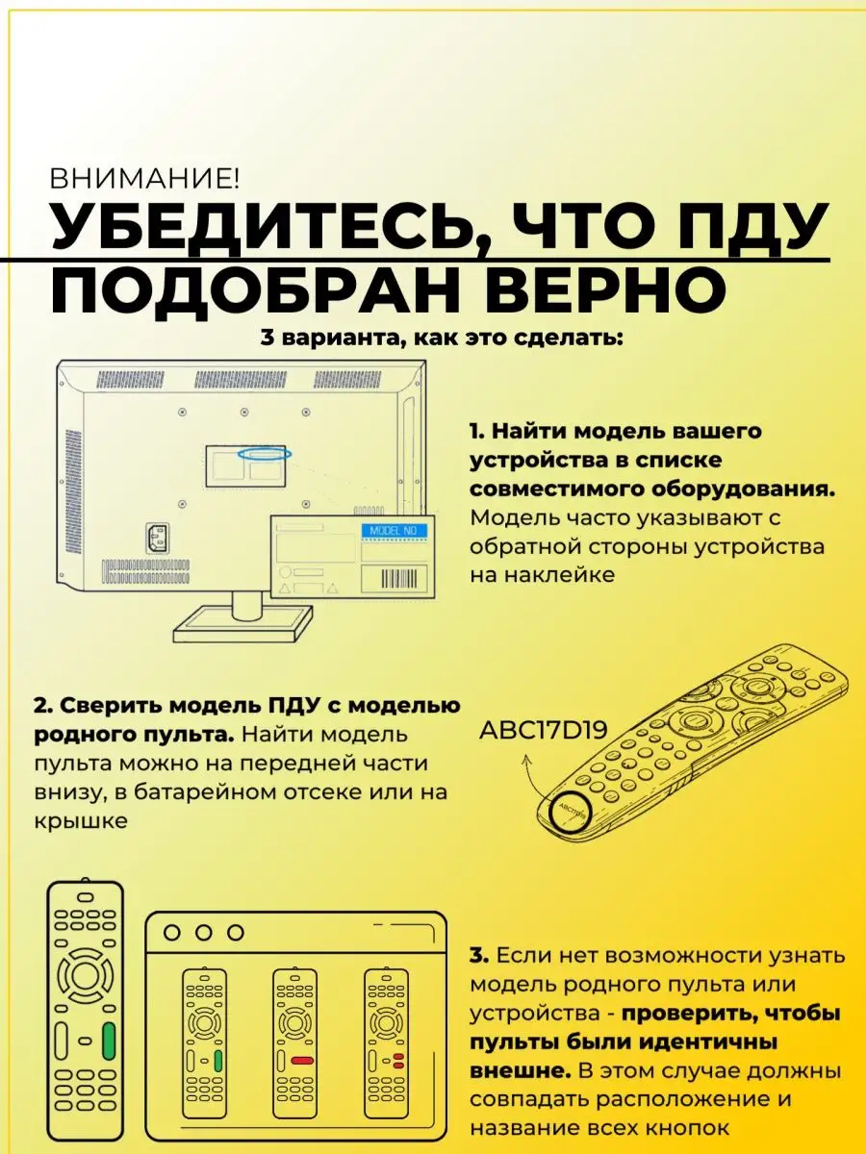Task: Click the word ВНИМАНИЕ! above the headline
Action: [143, 179]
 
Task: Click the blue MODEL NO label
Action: [394, 531]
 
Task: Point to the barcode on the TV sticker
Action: [398, 579]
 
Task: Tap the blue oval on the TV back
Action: [265, 454]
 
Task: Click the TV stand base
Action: [242, 625]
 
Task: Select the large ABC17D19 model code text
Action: [543, 729]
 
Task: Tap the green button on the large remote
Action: [109, 1041]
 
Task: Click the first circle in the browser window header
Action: [172, 933]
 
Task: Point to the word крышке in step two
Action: [81, 821]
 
